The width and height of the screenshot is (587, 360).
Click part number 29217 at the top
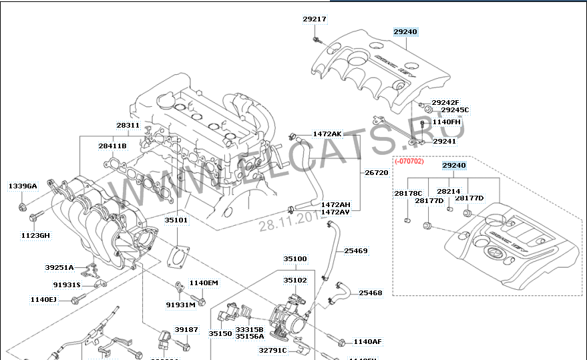[x=315, y=19]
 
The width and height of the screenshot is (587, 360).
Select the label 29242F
[x=445, y=102]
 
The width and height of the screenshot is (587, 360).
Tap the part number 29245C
[x=455, y=110]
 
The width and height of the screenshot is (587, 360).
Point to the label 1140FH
[x=447, y=122]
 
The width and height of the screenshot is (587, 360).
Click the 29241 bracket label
[x=444, y=142]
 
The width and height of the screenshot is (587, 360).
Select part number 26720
[x=376, y=172]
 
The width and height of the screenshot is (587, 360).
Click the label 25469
[x=356, y=251]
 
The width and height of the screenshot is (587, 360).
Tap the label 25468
[x=370, y=293]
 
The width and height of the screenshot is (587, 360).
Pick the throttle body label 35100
[x=295, y=258]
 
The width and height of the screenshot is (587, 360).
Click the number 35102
[x=295, y=281]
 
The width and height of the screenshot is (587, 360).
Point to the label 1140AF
[x=367, y=342]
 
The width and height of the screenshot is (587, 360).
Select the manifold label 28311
[x=128, y=125]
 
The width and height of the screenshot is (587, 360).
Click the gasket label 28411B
[x=112, y=146]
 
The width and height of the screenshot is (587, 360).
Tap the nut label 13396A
[x=23, y=186]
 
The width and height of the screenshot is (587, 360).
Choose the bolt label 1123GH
[x=34, y=235]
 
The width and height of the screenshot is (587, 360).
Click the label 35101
[x=176, y=219]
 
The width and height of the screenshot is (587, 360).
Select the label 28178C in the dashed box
[x=408, y=193]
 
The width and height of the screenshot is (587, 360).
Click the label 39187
[x=186, y=329]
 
